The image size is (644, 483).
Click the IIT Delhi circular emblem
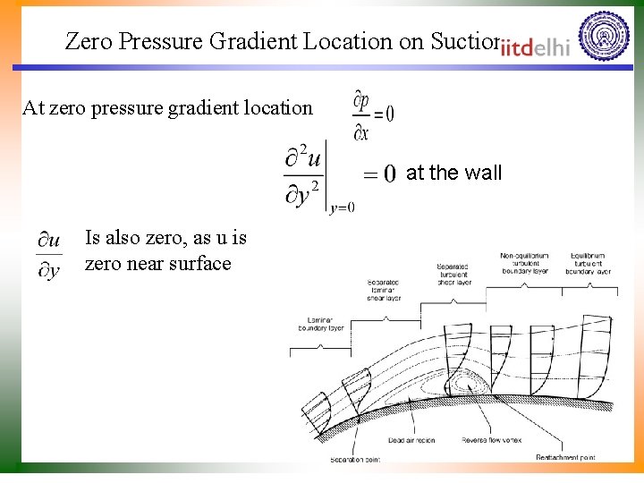pos(605,37)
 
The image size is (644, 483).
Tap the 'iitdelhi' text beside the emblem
pos(535,48)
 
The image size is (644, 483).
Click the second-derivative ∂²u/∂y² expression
pos(304,176)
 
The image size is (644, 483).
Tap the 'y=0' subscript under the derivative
pos(342,208)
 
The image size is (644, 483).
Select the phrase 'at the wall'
pos(454,173)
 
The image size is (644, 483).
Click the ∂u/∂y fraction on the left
pos(49,255)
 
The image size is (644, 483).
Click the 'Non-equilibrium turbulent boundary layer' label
pos(524,264)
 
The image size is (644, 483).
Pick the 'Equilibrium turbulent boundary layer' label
pos(590,264)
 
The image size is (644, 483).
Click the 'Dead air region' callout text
pos(411,439)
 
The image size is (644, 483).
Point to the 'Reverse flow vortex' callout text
pos(490,439)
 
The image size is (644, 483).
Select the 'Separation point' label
pos(356,458)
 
